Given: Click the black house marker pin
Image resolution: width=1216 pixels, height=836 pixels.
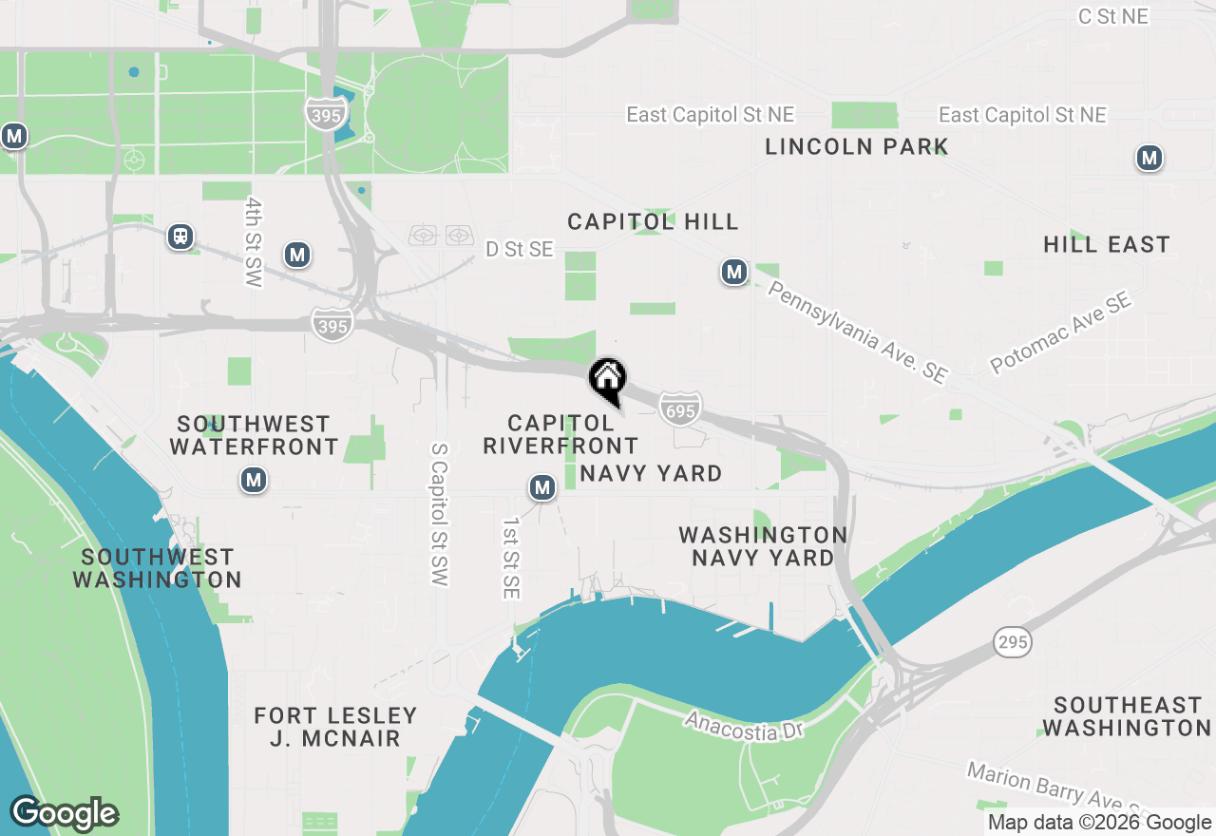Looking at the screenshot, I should tap(608, 381).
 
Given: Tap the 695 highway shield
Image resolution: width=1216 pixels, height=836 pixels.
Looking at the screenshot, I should tap(680, 408).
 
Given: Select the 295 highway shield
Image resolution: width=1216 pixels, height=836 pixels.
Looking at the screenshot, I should tap(1013, 642).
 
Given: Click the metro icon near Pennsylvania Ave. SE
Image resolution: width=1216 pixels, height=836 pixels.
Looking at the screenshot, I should tap(733, 273).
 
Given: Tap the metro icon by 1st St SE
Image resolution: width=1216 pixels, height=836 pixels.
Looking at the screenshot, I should tap(542, 488).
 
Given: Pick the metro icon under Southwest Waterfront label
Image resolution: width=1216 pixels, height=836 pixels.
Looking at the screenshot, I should tap(253, 481).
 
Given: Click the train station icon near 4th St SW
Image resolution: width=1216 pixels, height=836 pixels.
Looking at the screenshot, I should tap(180, 237).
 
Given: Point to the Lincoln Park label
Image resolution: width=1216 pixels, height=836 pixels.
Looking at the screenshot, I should tap(856, 146).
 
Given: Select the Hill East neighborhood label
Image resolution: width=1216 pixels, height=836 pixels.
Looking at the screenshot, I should tap(1106, 244).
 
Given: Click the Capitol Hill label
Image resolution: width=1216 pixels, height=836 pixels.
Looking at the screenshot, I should tap(653, 221).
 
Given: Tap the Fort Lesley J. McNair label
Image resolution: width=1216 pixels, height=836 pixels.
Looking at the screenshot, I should tap(335, 727).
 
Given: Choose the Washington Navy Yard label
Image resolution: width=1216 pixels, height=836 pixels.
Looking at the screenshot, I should tap(763, 546).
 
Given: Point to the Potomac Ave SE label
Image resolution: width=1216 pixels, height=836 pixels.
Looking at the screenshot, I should tap(1061, 332).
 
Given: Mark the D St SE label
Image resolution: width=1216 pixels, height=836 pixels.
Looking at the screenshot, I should tap(519, 249).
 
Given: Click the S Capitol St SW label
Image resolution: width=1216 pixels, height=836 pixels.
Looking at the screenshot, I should tap(438, 514).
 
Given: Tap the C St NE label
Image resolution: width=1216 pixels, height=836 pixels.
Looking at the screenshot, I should tap(1113, 16).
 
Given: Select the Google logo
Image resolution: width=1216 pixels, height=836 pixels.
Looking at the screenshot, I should tap(64, 813).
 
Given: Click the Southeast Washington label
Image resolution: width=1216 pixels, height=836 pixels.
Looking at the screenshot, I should tap(1127, 716).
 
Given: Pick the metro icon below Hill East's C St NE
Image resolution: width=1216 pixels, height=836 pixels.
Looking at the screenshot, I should tap(1149, 158).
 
